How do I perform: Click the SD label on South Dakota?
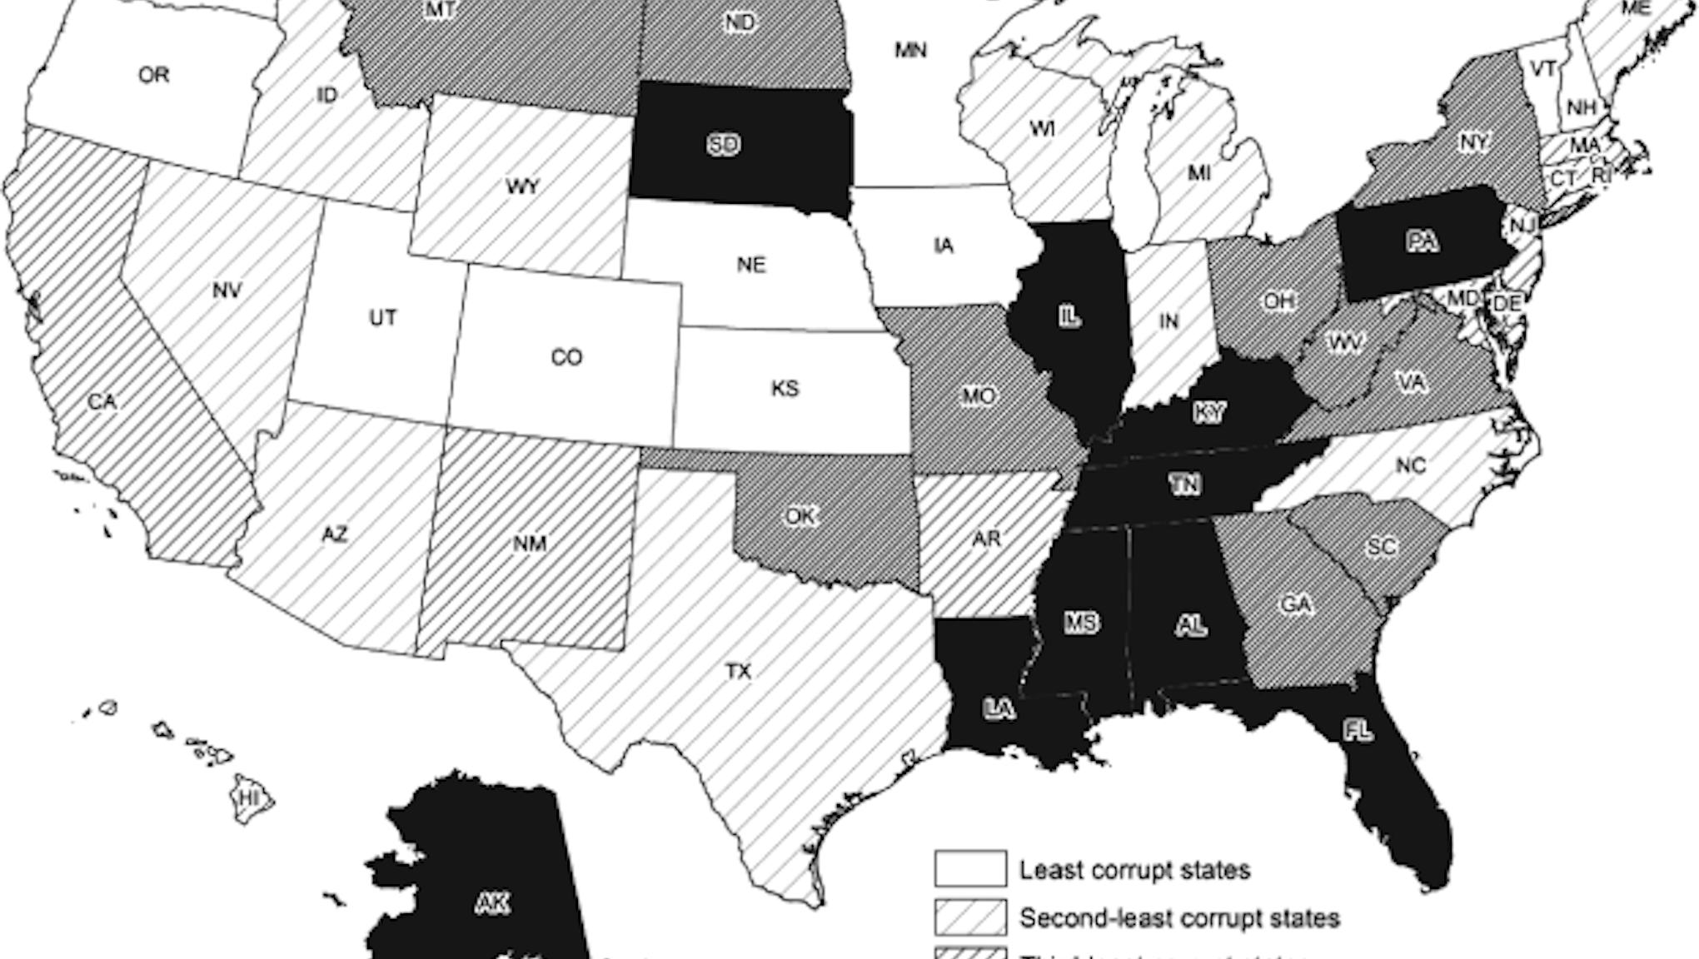tap(723, 145)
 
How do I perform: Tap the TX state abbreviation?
tap(738, 671)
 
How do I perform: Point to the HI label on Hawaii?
tap(249, 798)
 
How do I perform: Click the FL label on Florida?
tap(1358, 731)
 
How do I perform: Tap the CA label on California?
tap(102, 402)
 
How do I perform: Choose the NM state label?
tap(530, 544)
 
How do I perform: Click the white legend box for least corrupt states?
tap(970, 868)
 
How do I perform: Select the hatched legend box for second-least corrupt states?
tap(970, 917)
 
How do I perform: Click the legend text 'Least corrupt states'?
tap(1135, 870)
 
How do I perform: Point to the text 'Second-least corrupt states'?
tap(1179, 918)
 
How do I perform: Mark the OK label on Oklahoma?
tap(800, 516)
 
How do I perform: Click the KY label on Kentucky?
tap(1208, 412)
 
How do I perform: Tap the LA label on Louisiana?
tap(999, 709)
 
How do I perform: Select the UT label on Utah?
tap(382, 317)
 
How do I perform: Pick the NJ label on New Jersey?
tap(1522, 225)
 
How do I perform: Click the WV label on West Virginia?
tap(1344, 342)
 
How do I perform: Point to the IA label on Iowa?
tap(943, 246)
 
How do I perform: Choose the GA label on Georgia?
tap(1296, 604)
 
